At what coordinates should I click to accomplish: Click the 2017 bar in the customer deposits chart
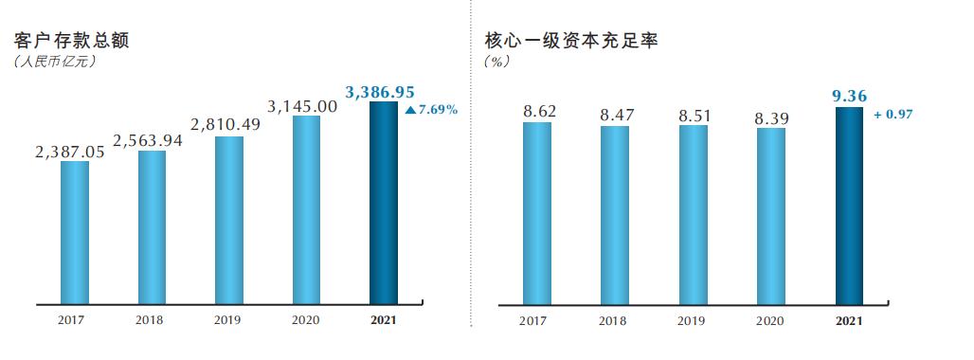75,232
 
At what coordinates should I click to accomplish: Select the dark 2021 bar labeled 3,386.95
384,203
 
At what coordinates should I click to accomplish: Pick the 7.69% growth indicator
431,110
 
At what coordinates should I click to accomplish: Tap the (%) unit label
497,62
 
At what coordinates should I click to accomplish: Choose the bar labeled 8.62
537,213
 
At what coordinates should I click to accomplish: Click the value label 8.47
615,116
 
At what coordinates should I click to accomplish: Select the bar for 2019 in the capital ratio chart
693,215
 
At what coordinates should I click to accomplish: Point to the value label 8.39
770,117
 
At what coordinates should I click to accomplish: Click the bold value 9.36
848,95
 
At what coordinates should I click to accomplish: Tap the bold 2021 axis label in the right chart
849,320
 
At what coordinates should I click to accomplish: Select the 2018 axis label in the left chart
149,320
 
